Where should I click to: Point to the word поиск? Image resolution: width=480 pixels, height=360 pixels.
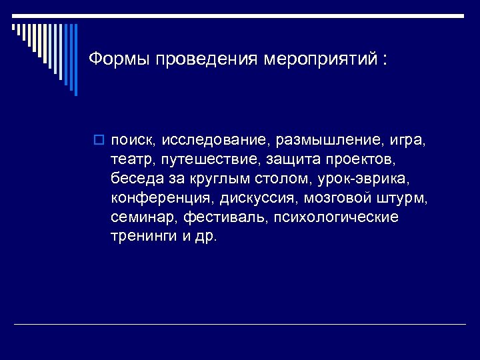click(x=133, y=141)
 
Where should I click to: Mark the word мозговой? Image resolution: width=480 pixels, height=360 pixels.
click(x=336, y=199)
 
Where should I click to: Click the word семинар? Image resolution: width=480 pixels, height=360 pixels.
click(x=137, y=218)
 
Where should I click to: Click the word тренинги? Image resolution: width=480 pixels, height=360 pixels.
click(x=143, y=237)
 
